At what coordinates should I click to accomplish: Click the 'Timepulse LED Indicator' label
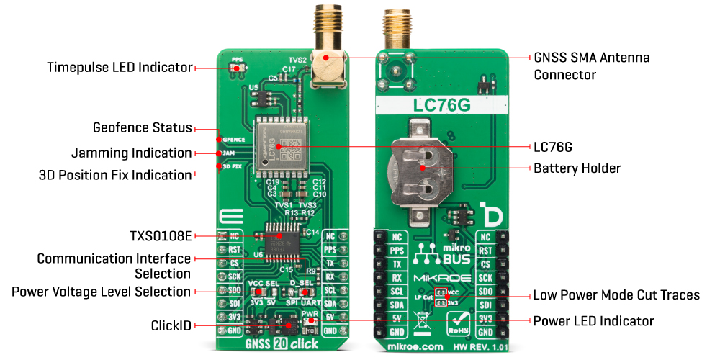(120, 68)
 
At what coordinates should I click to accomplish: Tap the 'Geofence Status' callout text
(143, 128)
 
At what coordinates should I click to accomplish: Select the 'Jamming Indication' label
(132, 153)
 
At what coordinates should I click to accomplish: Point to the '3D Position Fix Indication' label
(115, 175)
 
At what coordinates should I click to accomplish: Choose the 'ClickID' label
(171, 325)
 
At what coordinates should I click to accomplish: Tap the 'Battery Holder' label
(577, 168)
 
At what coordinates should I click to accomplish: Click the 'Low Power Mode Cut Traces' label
(616, 295)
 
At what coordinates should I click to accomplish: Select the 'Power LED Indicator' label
(593, 320)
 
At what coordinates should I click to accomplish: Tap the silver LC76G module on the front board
(279, 145)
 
